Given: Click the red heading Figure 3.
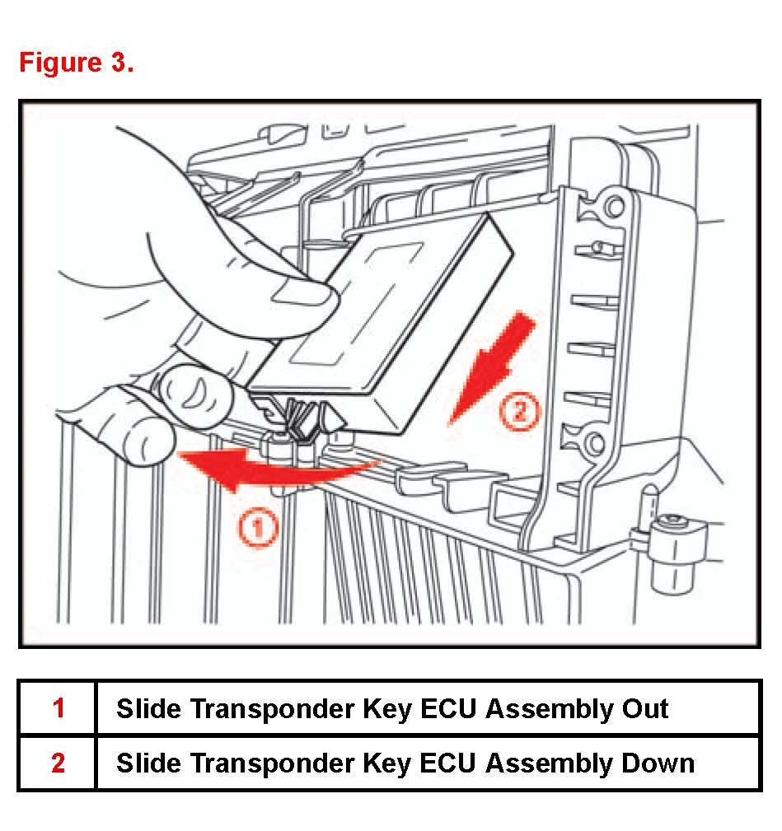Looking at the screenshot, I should (76, 63).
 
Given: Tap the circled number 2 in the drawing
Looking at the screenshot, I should (518, 409).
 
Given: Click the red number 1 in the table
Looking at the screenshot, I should (58, 708).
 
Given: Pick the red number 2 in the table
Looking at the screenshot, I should (58, 763).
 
